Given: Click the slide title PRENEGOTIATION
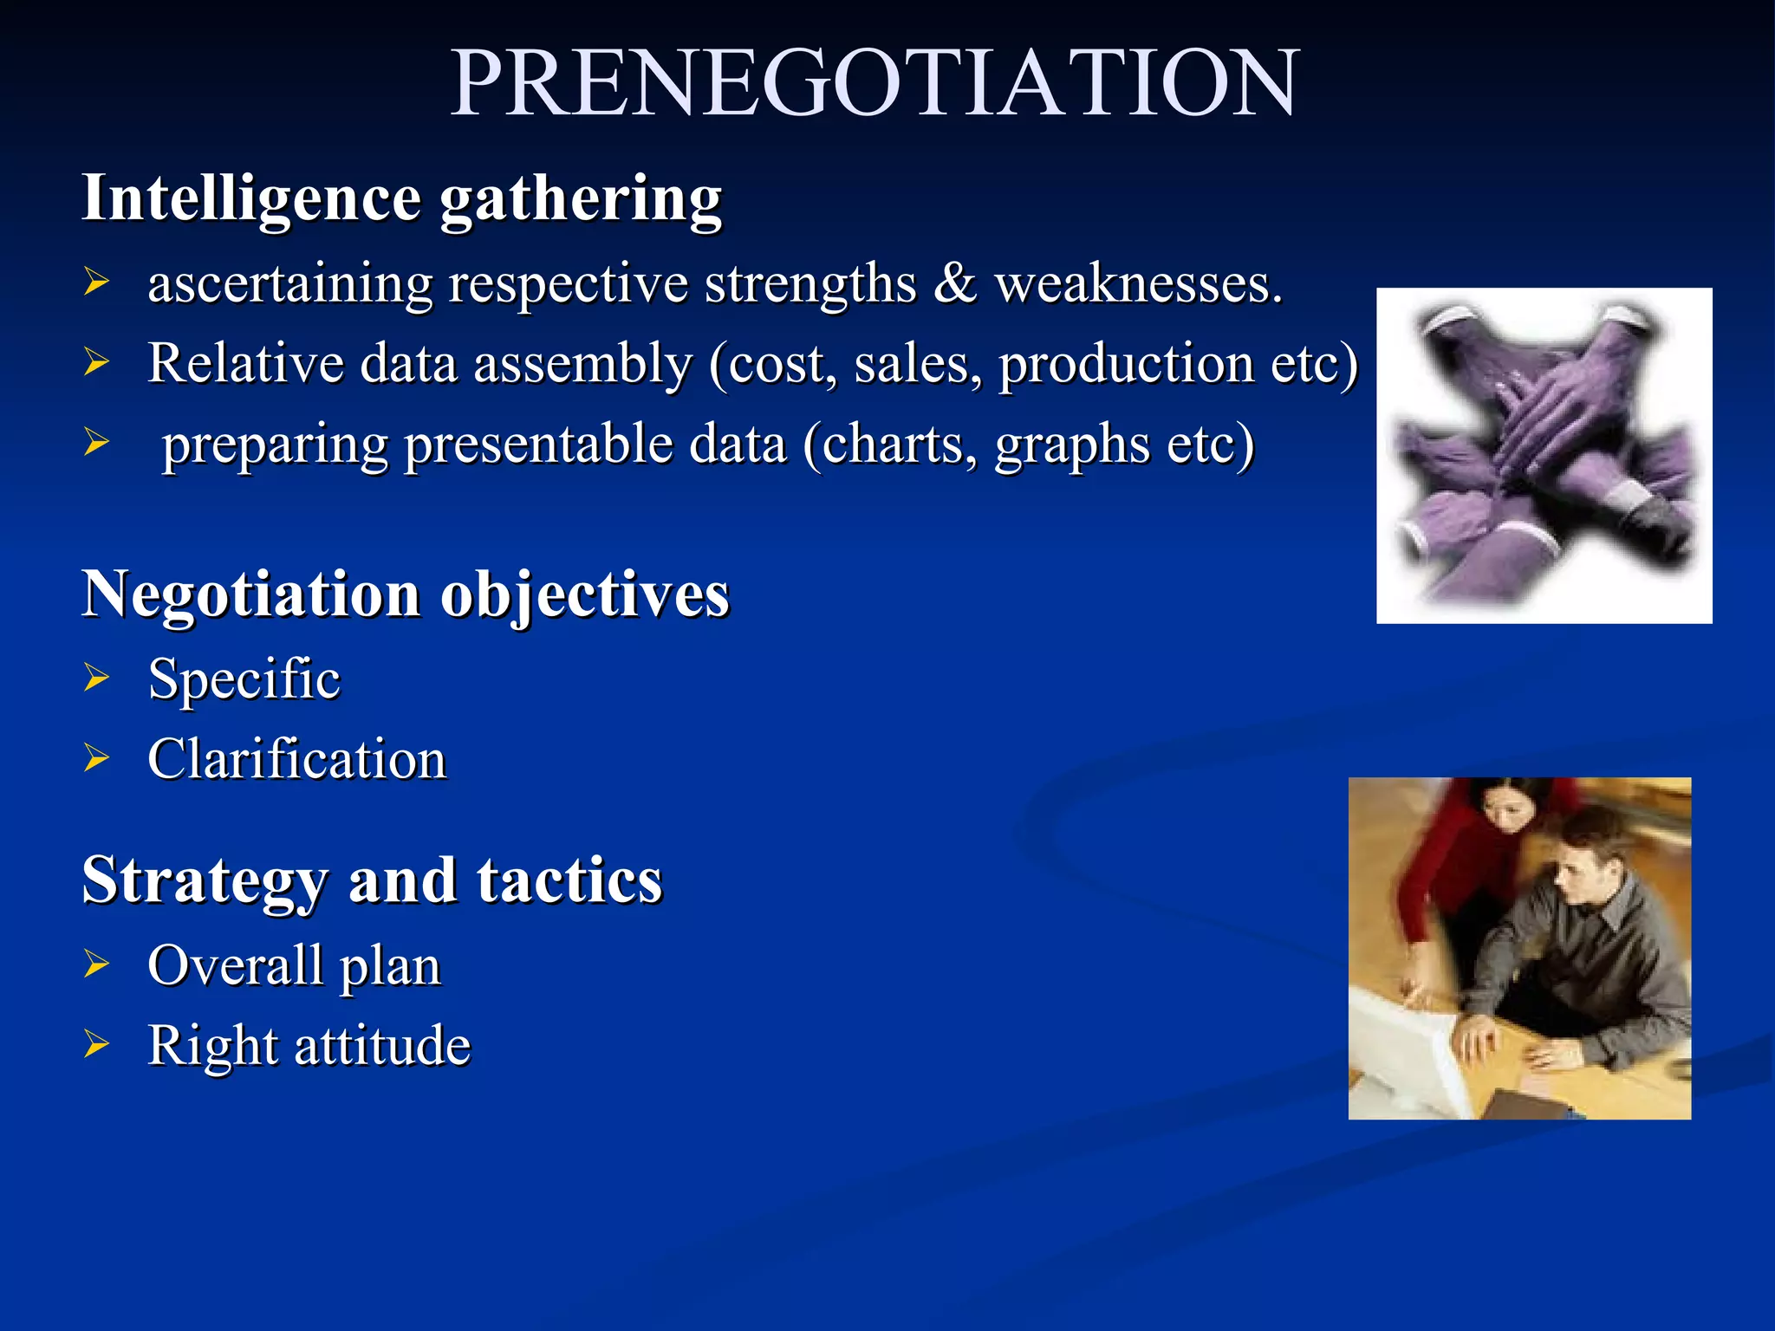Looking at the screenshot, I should pyautogui.click(x=875, y=83).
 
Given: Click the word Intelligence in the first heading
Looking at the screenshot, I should pyautogui.click(x=251, y=199).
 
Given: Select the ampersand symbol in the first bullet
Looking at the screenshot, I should pyautogui.click(x=954, y=283).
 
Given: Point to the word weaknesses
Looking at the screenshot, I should pyautogui.click(x=1137, y=285).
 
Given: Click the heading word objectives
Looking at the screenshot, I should pyautogui.click(x=585, y=597).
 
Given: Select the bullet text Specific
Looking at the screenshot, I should pyautogui.click(x=244, y=678).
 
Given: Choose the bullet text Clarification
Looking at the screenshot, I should pyautogui.click(x=297, y=760).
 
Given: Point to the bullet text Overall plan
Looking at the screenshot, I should pyautogui.click(x=295, y=966).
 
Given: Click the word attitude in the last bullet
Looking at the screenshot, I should pyautogui.click(x=382, y=1046).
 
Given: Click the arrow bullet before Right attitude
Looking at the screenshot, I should pyautogui.click(x=96, y=1046).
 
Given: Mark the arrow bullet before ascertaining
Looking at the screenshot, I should pyautogui.click(x=96, y=282).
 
